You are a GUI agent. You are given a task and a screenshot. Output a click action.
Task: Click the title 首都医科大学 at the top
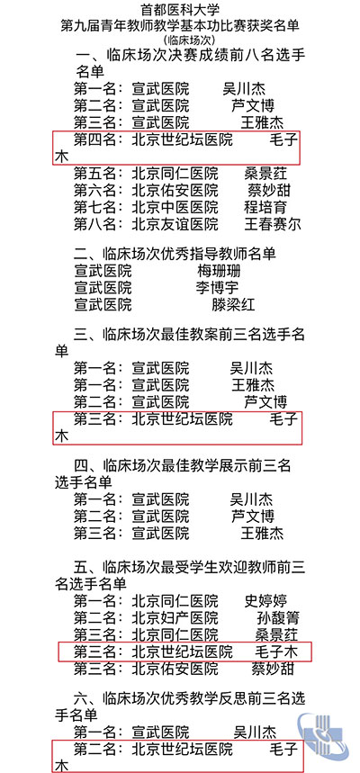(180, 9)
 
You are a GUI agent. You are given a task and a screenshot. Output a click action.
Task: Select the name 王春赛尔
(273, 224)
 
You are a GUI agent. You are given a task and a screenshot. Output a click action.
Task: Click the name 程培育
(265, 207)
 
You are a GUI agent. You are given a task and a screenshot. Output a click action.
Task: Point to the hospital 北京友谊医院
(175, 224)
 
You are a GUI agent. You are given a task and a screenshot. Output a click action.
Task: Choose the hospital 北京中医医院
(175, 207)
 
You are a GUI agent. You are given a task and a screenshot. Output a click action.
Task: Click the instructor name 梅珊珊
(219, 271)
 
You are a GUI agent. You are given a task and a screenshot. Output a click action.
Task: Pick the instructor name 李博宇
(217, 287)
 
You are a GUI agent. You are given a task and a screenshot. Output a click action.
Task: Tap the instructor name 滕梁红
(233, 305)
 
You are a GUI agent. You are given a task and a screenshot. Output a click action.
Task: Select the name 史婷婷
(265, 601)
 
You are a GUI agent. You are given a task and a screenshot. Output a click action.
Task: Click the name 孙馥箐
(278, 617)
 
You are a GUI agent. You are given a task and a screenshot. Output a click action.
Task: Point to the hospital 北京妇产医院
(175, 617)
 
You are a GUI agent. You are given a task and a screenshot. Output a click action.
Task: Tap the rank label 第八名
(95, 224)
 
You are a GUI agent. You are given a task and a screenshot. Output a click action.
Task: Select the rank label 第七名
(95, 207)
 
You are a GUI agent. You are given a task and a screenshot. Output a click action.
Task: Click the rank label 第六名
(95, 190)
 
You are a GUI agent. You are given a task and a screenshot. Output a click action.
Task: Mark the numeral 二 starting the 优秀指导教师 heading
(80, 254)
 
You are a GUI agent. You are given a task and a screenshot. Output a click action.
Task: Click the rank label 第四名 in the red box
(95, 140)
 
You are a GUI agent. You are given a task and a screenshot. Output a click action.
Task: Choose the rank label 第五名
(95, 174)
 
